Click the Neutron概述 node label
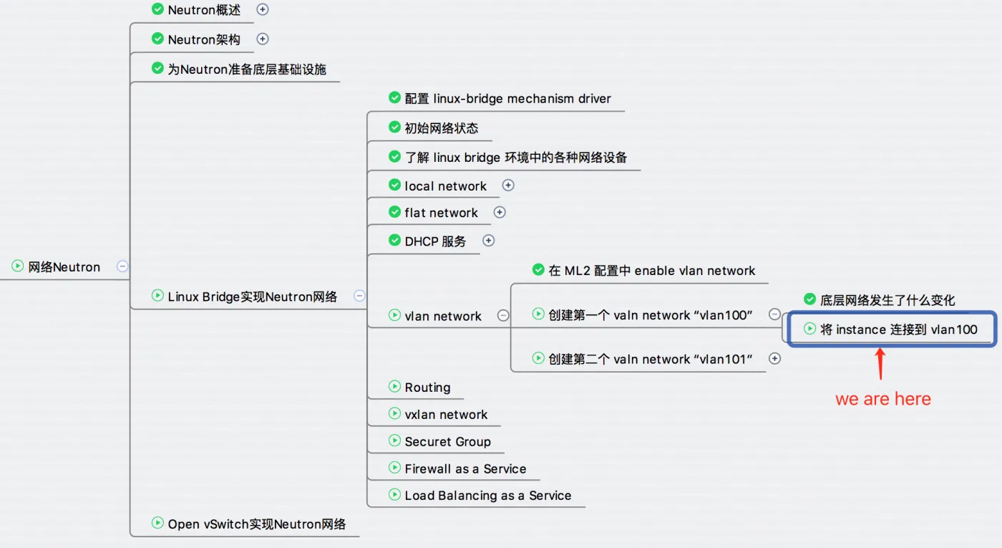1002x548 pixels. click(204, 10)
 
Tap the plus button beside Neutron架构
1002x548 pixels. click(263, 39)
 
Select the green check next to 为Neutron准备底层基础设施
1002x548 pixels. click(158, 68)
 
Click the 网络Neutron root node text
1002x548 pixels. click(64, 267)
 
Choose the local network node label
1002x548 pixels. click(445, 186)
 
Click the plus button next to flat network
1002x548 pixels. click(500, 212)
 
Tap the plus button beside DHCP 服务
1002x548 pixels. click(488, 241)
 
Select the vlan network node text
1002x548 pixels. click(443, 316)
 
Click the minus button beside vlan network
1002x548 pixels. click(503, 315)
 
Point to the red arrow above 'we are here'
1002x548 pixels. click(881, 363)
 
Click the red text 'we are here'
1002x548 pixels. click(883, 399)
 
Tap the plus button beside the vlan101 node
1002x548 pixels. click(774, 358)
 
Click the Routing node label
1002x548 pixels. click(427, 388)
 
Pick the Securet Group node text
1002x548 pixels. click(447, 442)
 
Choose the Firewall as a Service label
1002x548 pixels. click(465, 469)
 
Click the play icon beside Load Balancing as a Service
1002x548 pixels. click(394, 494)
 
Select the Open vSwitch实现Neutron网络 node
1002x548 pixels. click(256, 524)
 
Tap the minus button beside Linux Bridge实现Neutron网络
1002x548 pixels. click(359, 296)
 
